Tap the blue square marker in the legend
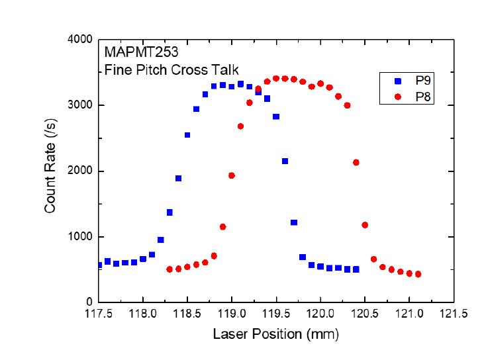pos(397,81)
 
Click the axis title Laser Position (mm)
pos(275,334)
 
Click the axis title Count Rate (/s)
pos(50,171)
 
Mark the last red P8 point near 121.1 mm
pos(418,274)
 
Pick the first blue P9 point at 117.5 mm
pos(99,265)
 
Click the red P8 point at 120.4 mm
pos(356,162)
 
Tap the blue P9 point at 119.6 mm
pos(285,161)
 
